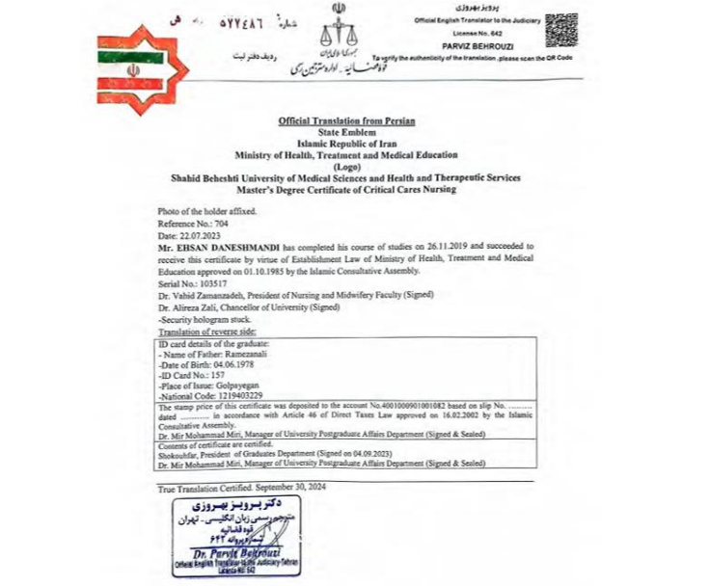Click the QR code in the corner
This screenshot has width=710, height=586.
[561, 30]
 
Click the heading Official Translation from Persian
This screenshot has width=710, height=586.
[346, 120]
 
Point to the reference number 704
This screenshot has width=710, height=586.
[222, 223]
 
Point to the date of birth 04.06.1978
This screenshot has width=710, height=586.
[227, 366]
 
